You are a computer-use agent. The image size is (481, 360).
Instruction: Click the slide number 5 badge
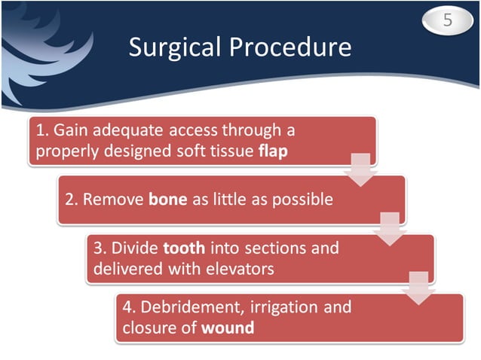click(447, 20)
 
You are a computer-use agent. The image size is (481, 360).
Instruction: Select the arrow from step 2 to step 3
click(389, 229)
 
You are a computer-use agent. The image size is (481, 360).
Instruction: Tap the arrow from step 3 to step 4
click(418, 288)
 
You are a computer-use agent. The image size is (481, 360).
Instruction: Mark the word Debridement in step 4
click(183, 308)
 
